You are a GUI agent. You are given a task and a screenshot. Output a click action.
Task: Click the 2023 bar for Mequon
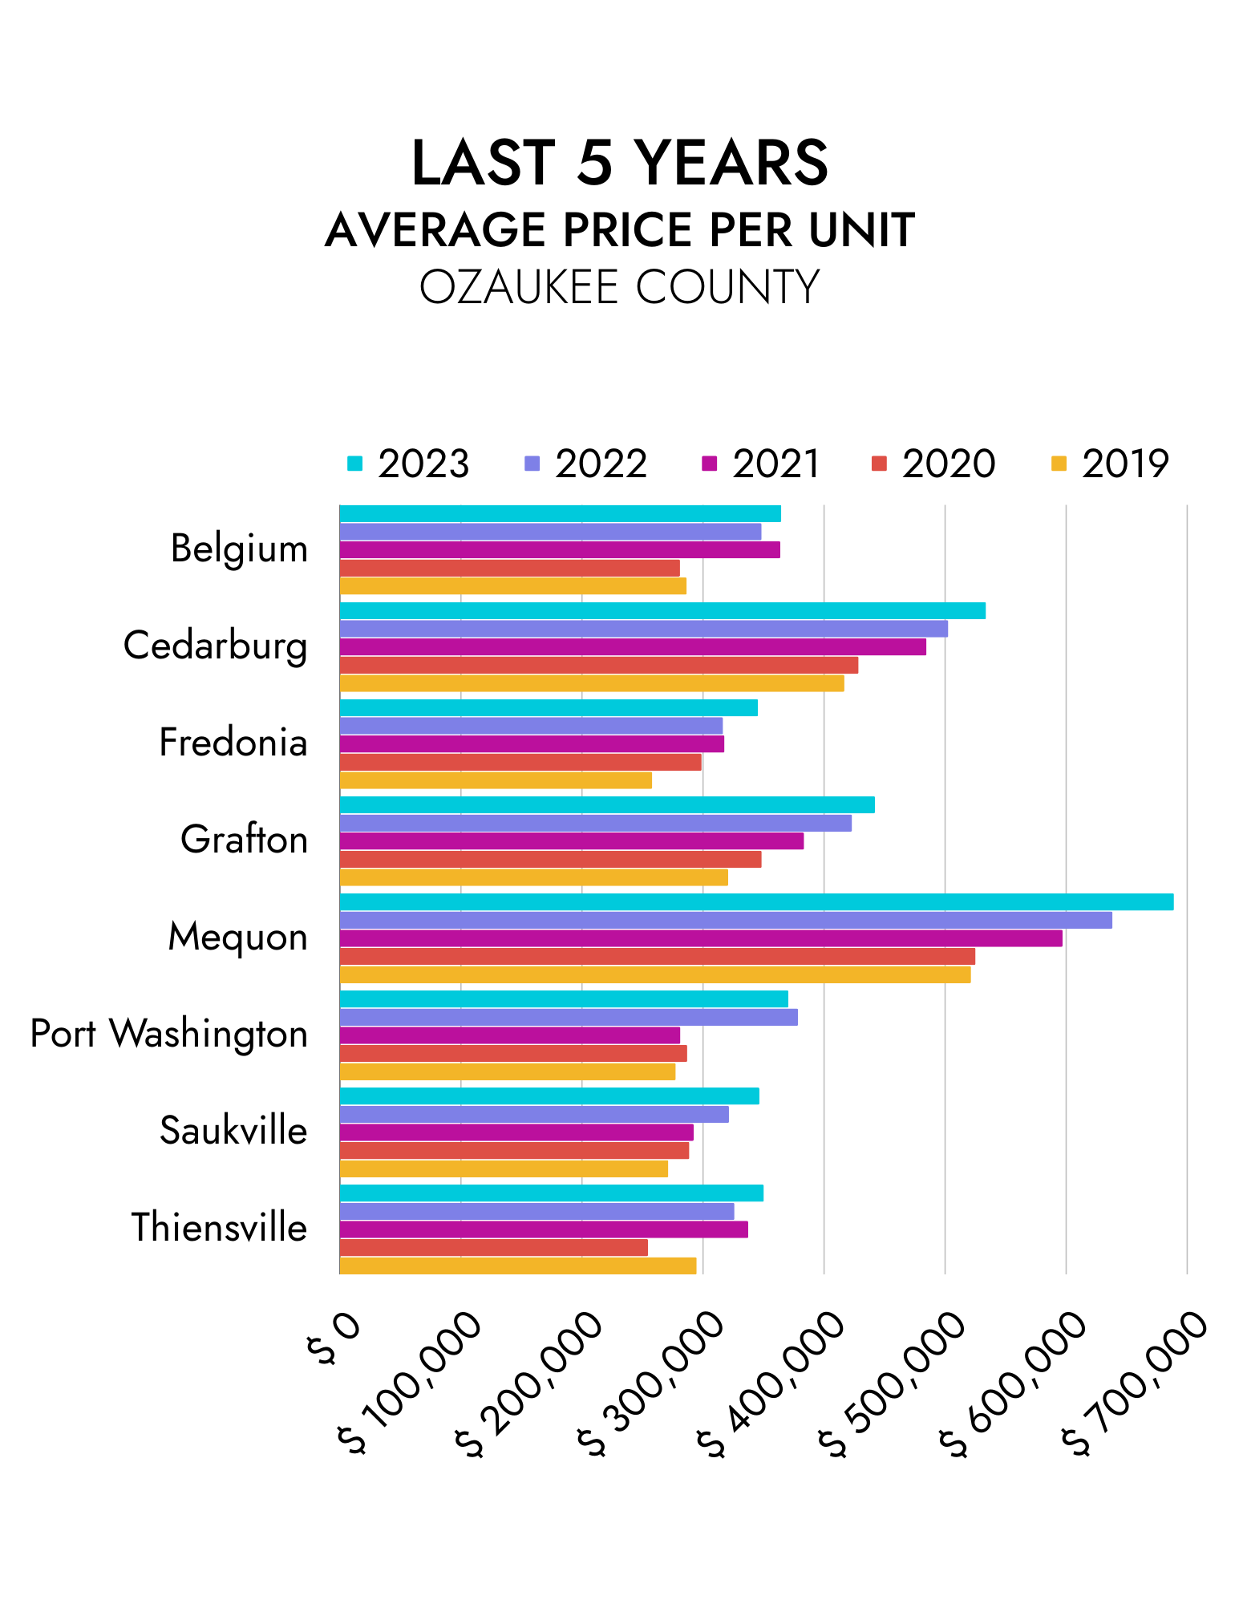click(x=756, y=901)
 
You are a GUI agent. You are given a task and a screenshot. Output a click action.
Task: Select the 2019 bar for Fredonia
click(x=496, y=780)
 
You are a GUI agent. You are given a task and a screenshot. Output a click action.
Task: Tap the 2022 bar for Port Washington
click(x=569, y=1017)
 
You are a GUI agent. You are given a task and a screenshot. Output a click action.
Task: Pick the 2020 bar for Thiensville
click(x=493, y=1247)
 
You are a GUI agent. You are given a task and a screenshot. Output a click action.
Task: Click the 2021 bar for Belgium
click(x=560, y=549)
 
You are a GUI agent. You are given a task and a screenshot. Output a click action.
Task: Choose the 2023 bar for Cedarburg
click(x=662, y=610)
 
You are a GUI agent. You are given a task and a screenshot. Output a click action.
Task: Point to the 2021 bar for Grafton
click(x=571, y=840)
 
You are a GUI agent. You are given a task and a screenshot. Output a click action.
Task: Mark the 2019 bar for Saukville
click(x=504, y=1169)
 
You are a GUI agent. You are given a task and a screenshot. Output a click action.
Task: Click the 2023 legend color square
click(x=354, y=464)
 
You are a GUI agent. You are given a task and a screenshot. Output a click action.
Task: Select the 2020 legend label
click(x=948, y=464)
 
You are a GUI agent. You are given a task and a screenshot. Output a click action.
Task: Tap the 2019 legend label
click(x=1125, y=464)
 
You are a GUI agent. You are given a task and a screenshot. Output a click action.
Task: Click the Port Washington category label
click(x=169, y=1034)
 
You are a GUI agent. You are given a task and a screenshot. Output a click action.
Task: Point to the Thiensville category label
click(x=219, y=1228)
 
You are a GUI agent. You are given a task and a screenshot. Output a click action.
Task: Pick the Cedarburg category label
click(x=215, y=646)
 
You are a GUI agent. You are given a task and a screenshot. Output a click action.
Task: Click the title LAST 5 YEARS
click(x=619, y=163)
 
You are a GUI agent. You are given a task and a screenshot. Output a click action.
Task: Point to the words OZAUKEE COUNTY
click(x=619, y=286)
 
